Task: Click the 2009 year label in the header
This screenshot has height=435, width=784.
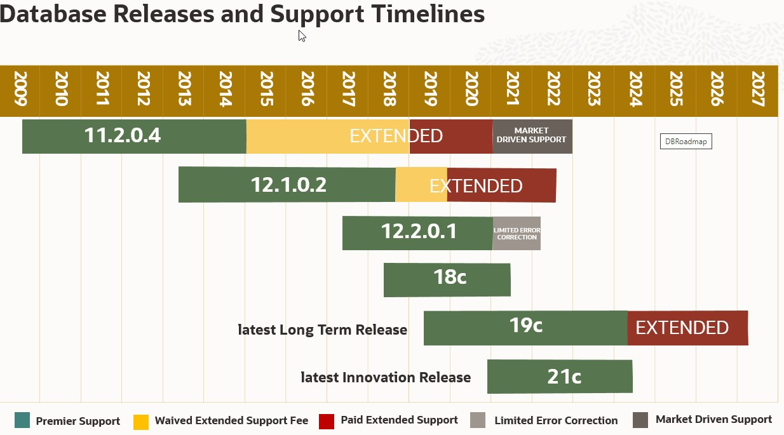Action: coord(20,91)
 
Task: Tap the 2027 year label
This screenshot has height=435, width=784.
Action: coord(757,91)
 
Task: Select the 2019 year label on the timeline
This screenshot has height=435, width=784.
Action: coord(430,91)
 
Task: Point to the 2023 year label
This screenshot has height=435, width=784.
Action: coord(594,91)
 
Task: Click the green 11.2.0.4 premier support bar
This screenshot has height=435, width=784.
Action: coord(134,136)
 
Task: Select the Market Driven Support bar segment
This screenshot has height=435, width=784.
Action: coord(532,136)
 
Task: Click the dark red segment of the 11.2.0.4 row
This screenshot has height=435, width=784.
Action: coord(451,136)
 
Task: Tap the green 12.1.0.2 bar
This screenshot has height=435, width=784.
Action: coord(287,185)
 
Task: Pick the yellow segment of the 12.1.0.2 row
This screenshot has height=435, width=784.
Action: coord(421,185)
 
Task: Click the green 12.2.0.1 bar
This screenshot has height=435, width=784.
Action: coord(417,232)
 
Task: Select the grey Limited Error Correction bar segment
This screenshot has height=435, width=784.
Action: coord(517,233)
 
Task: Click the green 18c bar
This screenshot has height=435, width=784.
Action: coord(447,279)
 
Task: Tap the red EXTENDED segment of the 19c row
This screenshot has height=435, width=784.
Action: coord(687,328)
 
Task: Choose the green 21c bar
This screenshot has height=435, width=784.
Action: coord(560,377)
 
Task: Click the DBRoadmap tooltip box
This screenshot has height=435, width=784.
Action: coord(686,142)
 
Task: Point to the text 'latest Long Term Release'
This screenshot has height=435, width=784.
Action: coord(323,330)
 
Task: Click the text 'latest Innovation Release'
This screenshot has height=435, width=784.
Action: coord(386,377)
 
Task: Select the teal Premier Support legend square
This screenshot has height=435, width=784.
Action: coord(22,420)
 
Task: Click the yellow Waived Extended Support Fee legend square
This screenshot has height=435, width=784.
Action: coord(141,421)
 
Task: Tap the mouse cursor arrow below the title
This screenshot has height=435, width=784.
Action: coord(302,36)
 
